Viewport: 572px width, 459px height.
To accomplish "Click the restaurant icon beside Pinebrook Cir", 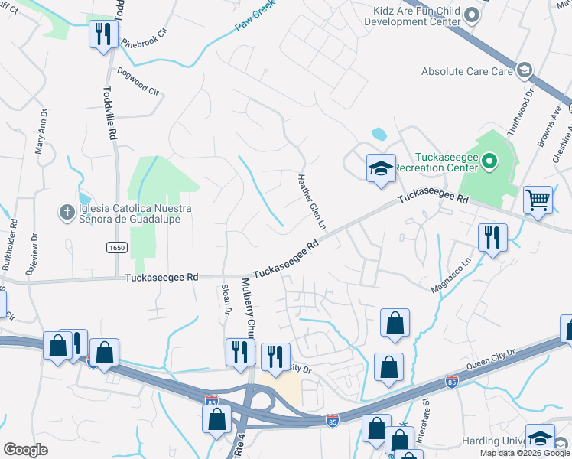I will [102, 34].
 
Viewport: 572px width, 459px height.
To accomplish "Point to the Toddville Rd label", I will [110, 112].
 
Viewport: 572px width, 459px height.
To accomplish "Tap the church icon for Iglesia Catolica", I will [68, 210].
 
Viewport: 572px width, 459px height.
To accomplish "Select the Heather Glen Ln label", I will [311, 202].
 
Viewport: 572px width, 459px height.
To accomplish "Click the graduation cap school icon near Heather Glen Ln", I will [380, 169].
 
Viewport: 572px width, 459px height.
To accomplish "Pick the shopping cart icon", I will [538, 200].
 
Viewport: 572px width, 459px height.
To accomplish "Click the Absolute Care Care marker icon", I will [524, 71].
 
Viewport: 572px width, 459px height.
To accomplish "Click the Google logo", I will [25, 450].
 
